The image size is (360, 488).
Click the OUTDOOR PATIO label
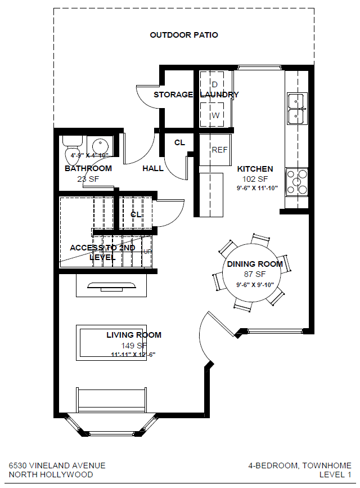click(184, 35)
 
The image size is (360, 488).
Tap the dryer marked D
click(214, 85)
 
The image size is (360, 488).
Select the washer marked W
click(214, 115)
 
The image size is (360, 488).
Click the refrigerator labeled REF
click(219, 150)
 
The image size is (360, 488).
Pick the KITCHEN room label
click(255, 169)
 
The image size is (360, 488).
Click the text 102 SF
click(255, 179)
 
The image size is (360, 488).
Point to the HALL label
click(153, 168)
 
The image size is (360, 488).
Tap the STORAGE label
click(173, 95)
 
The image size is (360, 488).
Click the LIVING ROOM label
click(134, 335)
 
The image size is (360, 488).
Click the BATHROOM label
click(88, 168)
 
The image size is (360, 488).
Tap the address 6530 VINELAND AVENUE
click(57, 465)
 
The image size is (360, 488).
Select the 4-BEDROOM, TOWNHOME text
click(300, 465)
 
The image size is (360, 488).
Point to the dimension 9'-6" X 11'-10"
click(258, 188)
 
